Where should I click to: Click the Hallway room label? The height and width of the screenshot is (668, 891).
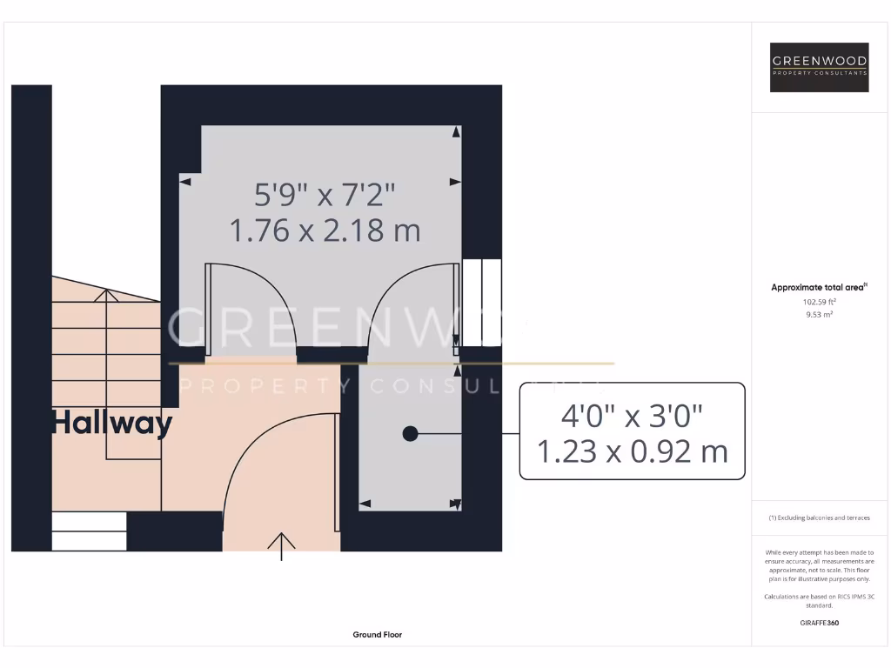(x=112, y=424)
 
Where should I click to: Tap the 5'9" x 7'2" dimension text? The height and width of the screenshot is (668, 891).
(x=325, y=192)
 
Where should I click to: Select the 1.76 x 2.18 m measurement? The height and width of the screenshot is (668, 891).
(x=325, y=230)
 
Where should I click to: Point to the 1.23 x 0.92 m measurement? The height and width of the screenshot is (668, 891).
(x=632, y=452)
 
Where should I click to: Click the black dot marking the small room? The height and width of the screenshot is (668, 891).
(x=410, y=433)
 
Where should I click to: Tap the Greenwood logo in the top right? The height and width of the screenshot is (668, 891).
(x=820, y=68)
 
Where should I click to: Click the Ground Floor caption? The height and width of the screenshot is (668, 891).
(x=377, y=635)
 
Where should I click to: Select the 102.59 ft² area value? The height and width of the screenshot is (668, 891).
(x=819, y=302)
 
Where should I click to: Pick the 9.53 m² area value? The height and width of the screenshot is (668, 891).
(x=819, y=315)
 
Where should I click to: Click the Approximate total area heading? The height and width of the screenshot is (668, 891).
(x=819, y=287)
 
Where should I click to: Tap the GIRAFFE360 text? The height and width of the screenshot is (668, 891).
(x=819, y=623)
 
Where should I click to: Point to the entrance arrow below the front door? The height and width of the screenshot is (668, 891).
(x=282, y=545)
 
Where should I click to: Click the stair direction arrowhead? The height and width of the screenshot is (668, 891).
(x=107, y=296)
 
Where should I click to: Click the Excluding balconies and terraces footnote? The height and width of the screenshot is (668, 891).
(x=819, y=518)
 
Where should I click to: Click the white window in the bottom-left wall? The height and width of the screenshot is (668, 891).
(x=90, y=531)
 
